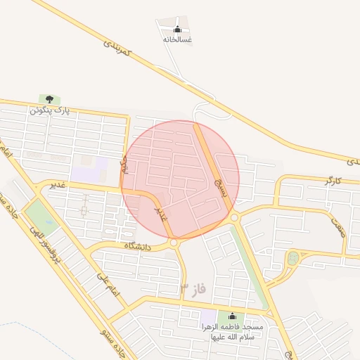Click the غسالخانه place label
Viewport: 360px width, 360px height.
177,40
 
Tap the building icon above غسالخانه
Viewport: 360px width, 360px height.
177,30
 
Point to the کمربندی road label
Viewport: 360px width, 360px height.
117,49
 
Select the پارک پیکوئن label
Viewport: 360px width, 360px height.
50,110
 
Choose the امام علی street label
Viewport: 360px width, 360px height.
101,285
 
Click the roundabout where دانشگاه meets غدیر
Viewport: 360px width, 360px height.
174,243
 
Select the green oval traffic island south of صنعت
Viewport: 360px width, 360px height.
292,258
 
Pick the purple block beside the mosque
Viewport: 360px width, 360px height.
209,318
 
